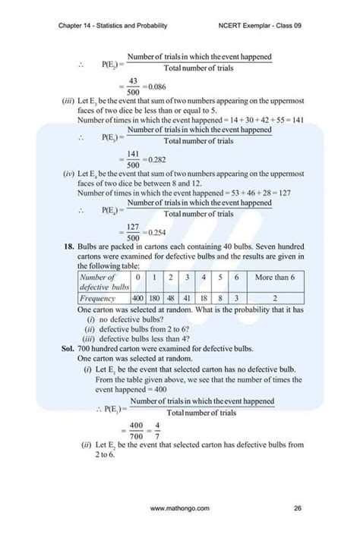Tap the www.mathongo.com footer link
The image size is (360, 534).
click(180, 507)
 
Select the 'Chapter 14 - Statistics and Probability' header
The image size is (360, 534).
click(112, 26)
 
